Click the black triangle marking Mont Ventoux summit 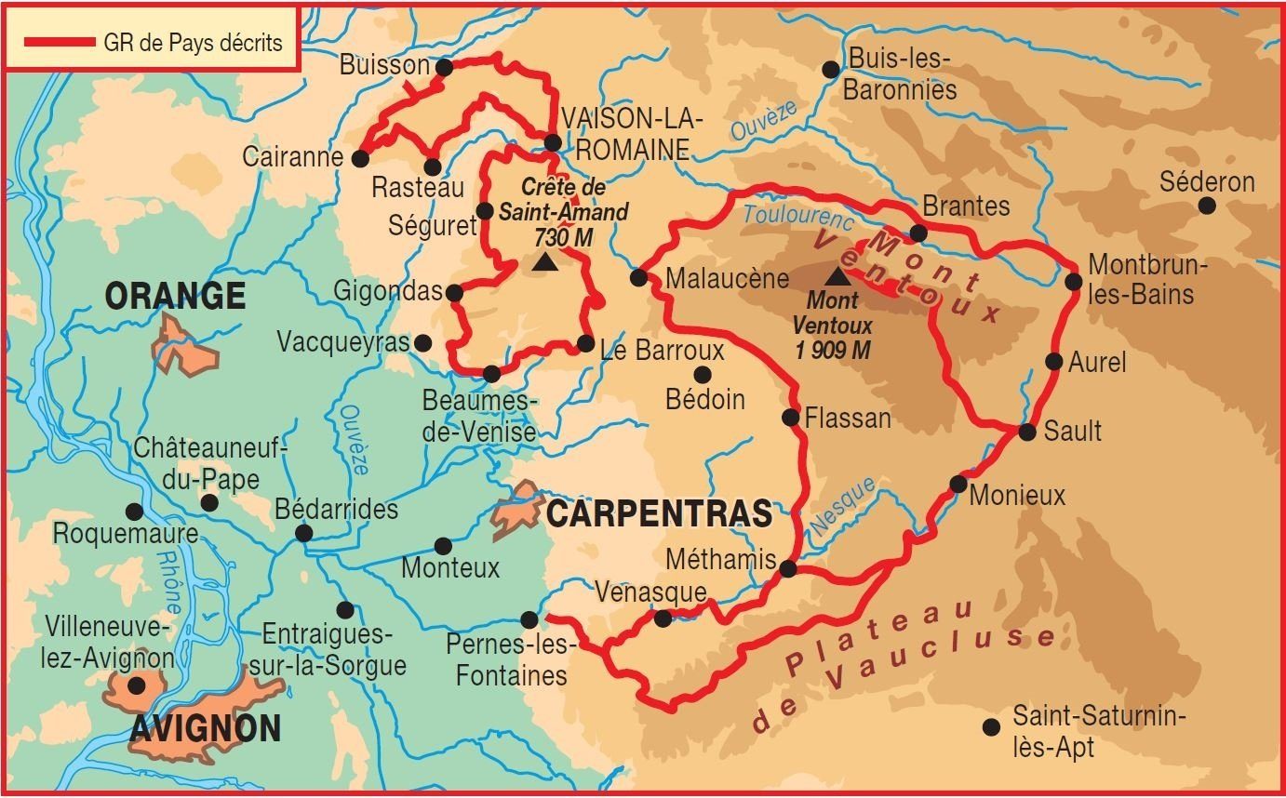[x=837, y=276]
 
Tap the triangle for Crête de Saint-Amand [x=544, y=264]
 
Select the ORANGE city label [x=175, y=296]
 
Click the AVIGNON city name [x=205, y=728]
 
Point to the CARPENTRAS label [x=659, y=513]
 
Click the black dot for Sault [x=1026, y=432]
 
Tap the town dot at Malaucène [x=638, y=277]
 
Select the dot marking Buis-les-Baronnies [x=831, y=69]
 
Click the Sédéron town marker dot [x=1206, y=206]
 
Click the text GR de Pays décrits [x=193, y=43]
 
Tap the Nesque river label [x=842, y=507]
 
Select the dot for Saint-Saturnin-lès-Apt [x=991, y=726]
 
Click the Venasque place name [x=650, y=592]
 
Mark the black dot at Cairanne [x=360, y=158]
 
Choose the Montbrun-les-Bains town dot [x=1073, y=281]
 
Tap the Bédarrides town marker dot [x=302, y=533]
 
